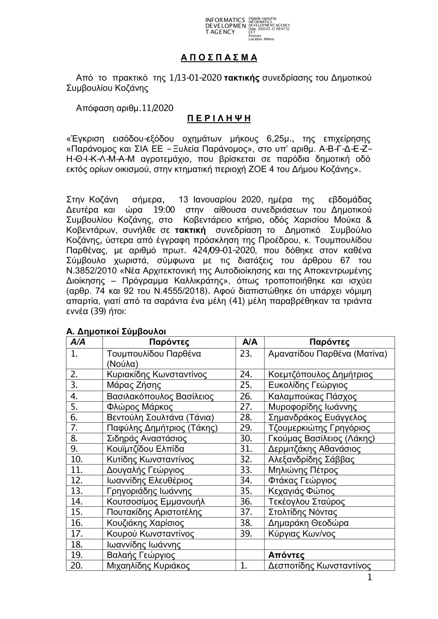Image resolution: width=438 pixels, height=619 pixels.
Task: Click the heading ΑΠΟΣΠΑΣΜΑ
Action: [219, 58]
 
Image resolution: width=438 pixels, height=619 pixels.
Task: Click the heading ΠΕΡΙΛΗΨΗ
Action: [219, 119]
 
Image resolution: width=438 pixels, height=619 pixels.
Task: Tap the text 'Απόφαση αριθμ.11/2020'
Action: [125, 108]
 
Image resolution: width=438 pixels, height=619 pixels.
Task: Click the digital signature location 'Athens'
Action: [268, 39]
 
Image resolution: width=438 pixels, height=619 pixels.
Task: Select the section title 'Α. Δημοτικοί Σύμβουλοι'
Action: [116, 331]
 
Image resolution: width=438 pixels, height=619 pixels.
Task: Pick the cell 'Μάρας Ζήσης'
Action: [134, 386]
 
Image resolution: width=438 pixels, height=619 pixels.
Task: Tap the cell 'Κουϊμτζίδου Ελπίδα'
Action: [145, 449]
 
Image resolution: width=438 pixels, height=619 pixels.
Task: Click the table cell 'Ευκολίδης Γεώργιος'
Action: [308, 386]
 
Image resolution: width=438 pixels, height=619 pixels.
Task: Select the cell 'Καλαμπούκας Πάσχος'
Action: [313, 396]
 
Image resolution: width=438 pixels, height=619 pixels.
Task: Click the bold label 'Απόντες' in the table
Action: [286, 555]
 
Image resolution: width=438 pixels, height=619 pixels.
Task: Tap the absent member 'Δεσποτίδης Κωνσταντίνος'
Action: [320, 566]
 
